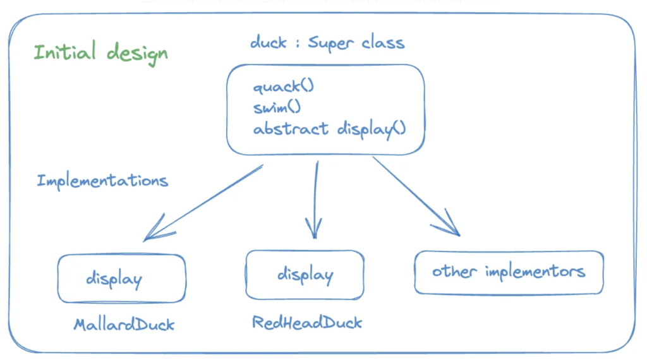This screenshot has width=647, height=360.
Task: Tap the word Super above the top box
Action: (332, 44)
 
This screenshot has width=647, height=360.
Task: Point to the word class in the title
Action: (384, 42)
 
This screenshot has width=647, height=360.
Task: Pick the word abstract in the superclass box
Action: (291, 128)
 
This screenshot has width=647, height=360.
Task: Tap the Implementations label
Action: (102, 181)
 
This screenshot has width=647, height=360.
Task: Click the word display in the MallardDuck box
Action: (114, 279)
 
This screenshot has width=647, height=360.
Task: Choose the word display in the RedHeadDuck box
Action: (305, 275)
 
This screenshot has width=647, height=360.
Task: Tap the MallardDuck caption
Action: (124, 325)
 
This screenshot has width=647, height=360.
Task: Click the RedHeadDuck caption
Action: (307, 323)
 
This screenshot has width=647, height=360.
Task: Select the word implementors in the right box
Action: (535, 272)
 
